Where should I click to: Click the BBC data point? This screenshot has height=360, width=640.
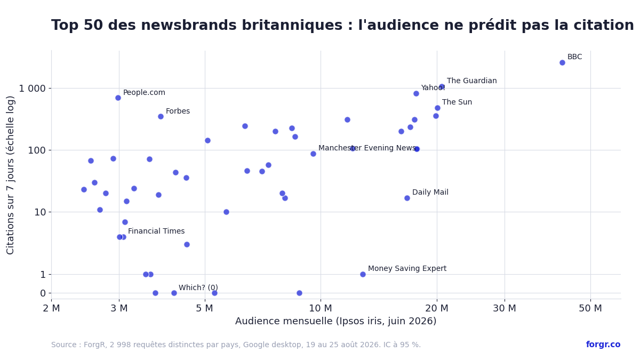pos(562,62)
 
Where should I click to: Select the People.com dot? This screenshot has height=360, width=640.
pos(118,98)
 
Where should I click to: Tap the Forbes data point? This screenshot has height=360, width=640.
pos(161,116)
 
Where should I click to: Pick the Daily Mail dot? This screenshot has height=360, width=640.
pos(407,198)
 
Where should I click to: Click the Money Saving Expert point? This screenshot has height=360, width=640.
pos(363,274)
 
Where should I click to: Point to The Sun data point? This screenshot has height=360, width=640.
pos(437,108)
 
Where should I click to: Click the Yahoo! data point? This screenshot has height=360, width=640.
pos(417,93)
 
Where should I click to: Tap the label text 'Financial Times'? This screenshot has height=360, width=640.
pos(156,231)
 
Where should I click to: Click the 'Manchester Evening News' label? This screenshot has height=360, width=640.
pos(367,148)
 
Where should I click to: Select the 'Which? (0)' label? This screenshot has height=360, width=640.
pos(198,287)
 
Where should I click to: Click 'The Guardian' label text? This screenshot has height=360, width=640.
pos(471,81)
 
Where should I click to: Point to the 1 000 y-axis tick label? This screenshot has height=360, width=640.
pos(32,89)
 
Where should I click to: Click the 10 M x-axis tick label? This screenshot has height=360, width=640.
pos(321,308)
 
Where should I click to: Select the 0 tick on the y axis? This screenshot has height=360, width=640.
pos(43,293)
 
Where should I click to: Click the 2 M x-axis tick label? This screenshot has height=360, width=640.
pos(51,308)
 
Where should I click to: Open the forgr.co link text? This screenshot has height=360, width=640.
pos(603,345)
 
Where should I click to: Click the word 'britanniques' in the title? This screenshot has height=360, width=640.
pos(292,25)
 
